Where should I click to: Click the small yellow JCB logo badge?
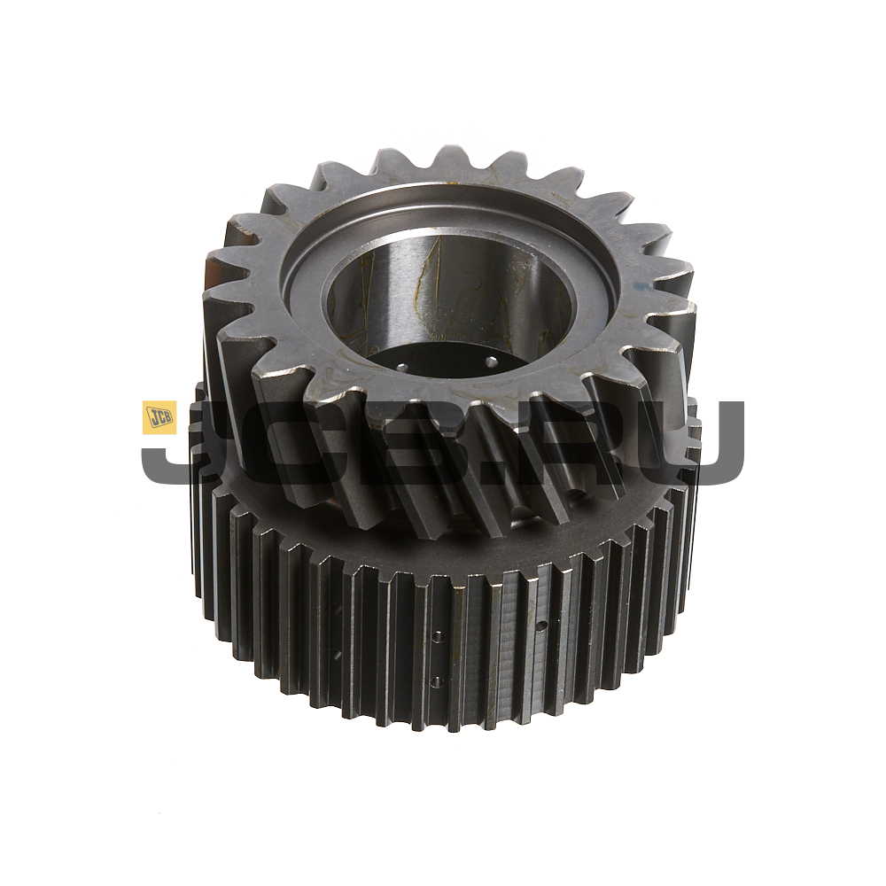tap(159, 417)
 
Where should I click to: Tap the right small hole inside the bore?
tap(491, 360)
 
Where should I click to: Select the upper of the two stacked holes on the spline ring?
tap(436, 637)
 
